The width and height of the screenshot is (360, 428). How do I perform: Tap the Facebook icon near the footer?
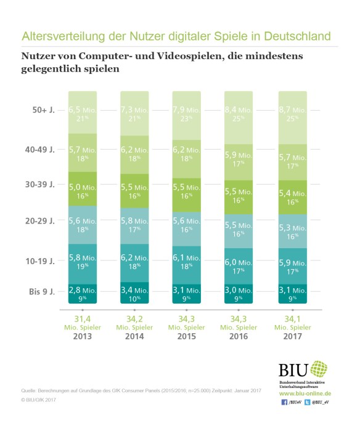283,402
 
